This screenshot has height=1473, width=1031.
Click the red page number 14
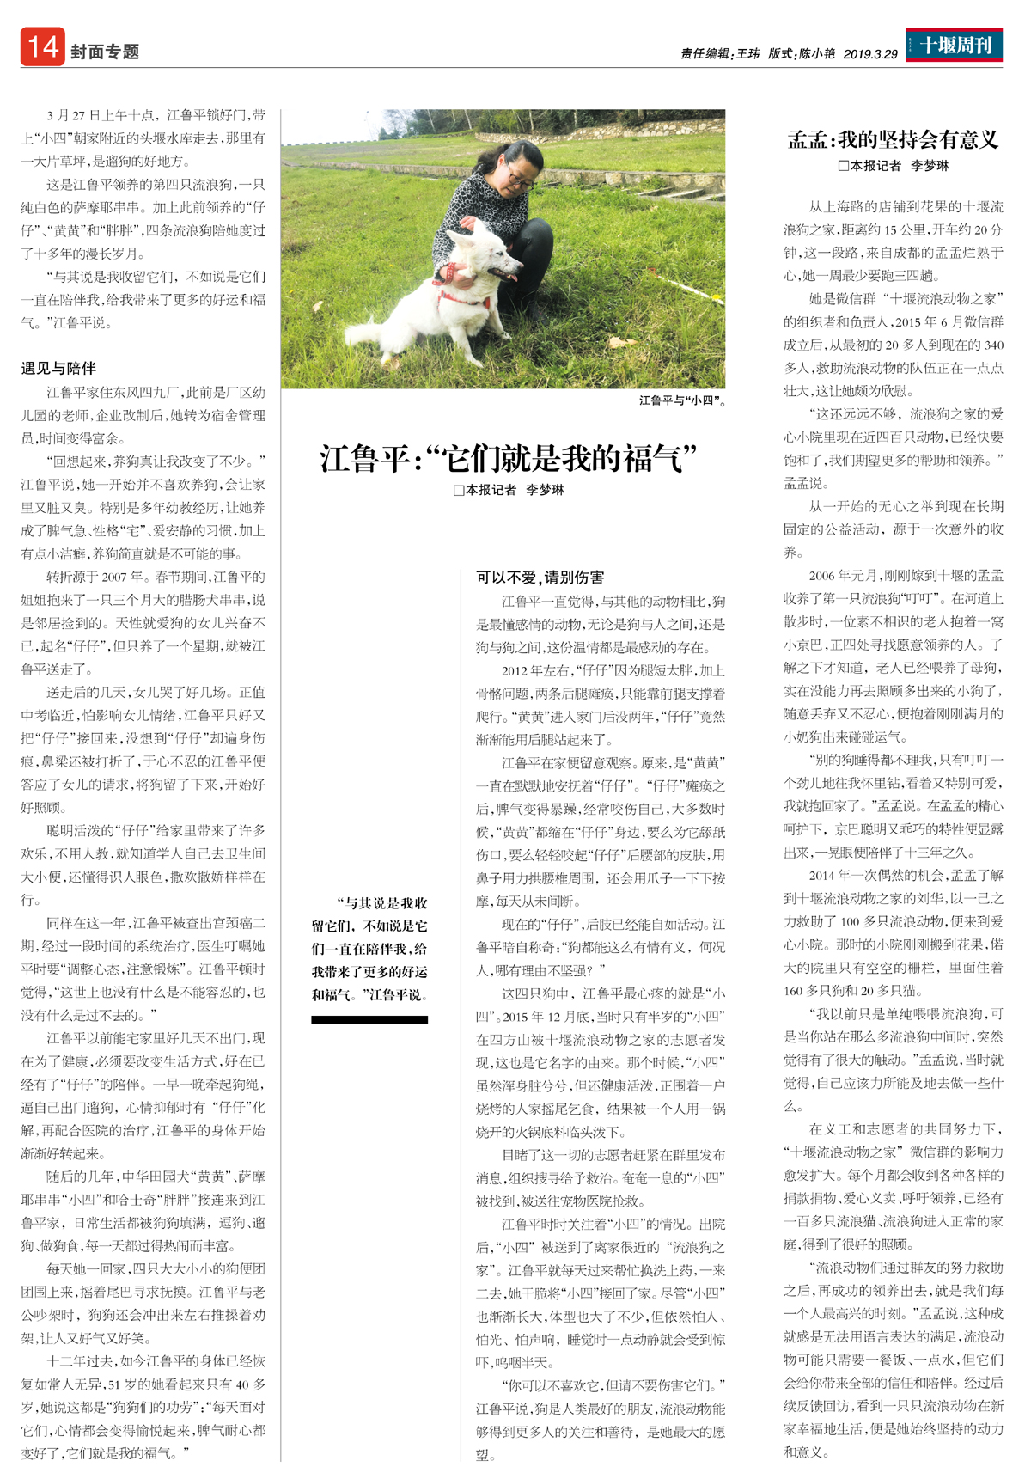pyautogui.click(x=42, y=46)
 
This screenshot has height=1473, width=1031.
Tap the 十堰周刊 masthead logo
pyautogui.click(x=955, y=45)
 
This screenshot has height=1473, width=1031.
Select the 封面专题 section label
pyautogui.click(x=105, y=52)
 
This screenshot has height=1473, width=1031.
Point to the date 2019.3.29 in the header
pyautogui.click(x=869, y=53)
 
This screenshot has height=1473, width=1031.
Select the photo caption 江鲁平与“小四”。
pyautogui.click(x=682, y=400)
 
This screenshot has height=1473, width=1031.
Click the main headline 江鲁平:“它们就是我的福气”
pyautogui.click(x=507, y=458)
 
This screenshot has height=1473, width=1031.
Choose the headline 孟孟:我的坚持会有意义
pyautogui.click(x=893, y=139)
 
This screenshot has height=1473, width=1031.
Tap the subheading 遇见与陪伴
pyautogui.click(x=58, y=368)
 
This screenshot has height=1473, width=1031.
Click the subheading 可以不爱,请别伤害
pyautogui.click(x=540, y=577)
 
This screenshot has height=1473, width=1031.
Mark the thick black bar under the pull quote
pyautogui.click(x=369, y=1019)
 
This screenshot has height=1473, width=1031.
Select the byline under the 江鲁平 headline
pyautogui.click(x=509, y=490)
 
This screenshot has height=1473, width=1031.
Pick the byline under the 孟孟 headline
pyautogui.click(x=894, y=166)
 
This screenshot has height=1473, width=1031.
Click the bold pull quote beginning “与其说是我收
pyautogui.click(x=370, y=949)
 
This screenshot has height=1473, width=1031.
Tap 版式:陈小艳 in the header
pyautogui.click(x=801, y=53)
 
